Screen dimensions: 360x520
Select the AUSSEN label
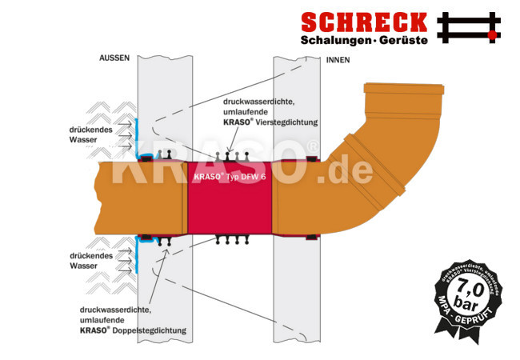[x=114, y=58]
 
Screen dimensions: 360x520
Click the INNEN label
[x=338, y=59]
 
